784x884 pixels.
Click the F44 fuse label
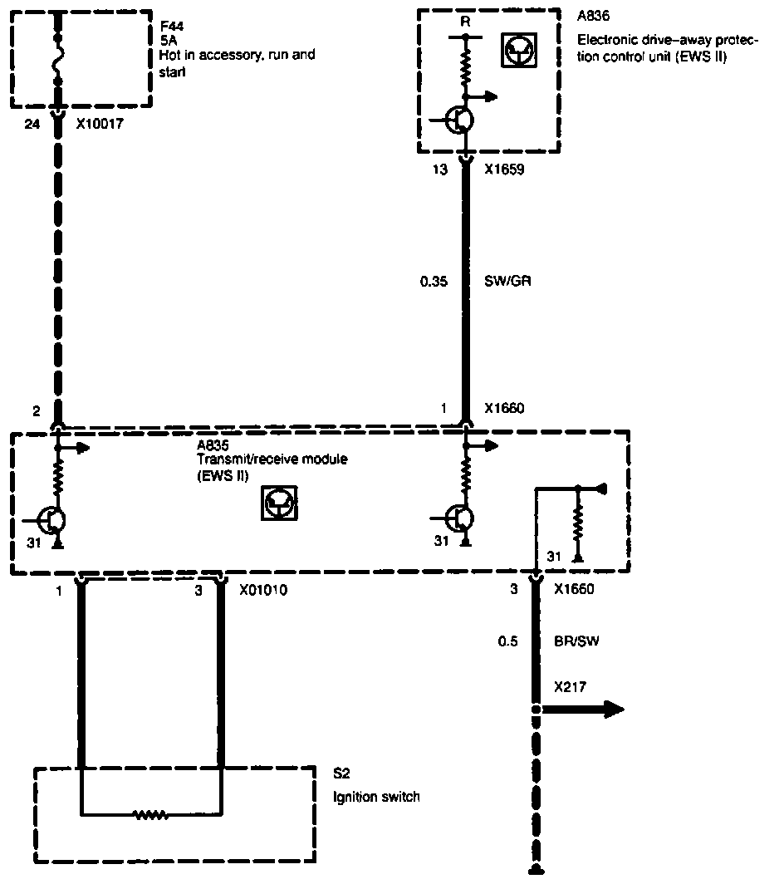pos(171,24)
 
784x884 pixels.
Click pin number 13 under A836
pos(440,170)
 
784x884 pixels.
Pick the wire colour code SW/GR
pos(507,282)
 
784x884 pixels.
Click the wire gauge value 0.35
pos(434,282)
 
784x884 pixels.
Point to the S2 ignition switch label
pos(341,774)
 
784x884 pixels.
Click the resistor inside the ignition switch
pos(151,815)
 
